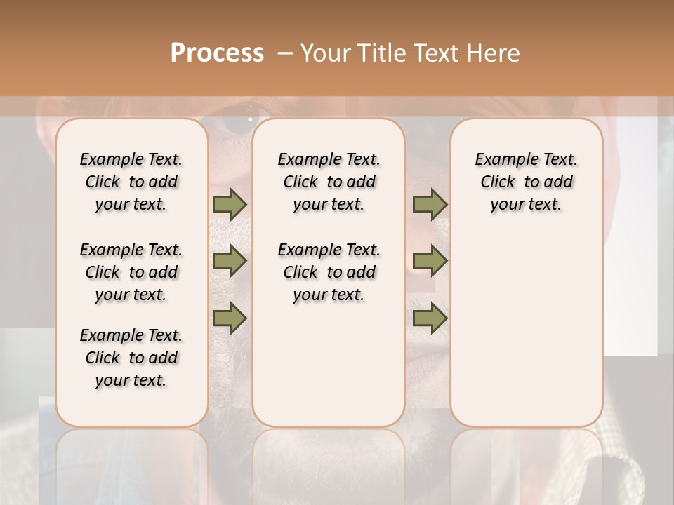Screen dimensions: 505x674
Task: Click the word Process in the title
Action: pos(217,53)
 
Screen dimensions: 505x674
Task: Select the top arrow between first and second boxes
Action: pos(230,204)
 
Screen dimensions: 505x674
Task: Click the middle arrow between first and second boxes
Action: pos(230,262)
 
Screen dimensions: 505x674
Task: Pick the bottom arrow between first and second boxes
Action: pos(230,318)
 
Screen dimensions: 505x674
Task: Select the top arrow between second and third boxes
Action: pos(430,204)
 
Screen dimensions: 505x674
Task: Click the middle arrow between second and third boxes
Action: pos(430,262)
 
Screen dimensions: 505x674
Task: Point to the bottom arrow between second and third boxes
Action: pos(430,318)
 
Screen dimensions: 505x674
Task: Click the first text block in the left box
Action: pos(131,182)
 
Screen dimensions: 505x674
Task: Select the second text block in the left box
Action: pos(131,272)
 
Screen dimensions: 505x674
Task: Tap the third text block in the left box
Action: pos(131,358)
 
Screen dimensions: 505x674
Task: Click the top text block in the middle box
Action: pos(329,182)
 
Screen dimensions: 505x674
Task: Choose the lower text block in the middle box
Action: pos(329,272)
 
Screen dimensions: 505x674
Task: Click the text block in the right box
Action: pos(526,182)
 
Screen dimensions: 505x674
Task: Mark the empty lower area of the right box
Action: pos(526,330)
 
